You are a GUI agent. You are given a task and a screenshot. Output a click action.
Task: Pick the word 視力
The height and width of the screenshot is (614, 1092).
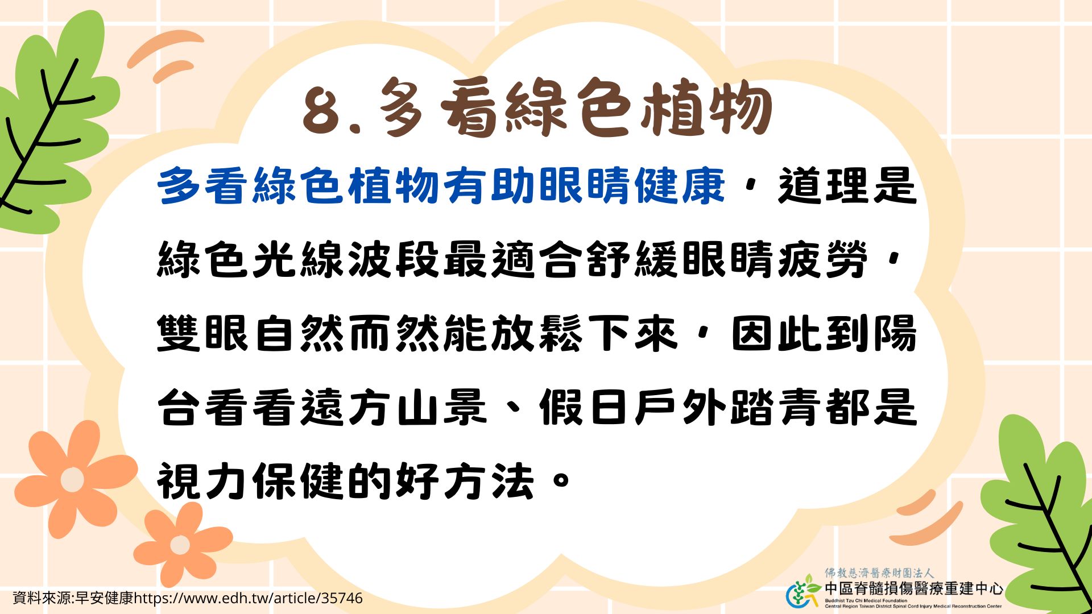pos(204,481)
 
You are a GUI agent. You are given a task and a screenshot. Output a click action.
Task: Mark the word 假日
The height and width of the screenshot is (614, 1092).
pos(585,406)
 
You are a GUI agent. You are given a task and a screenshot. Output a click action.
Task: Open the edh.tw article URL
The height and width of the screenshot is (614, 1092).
pos(248,598)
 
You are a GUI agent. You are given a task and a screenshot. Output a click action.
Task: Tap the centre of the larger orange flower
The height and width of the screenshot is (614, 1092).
pos(72,479)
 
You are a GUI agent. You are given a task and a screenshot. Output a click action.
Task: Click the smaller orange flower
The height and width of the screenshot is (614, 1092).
pos(180,544)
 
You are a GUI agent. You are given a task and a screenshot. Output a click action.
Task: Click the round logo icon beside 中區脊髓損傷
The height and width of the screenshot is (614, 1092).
pos(803,591)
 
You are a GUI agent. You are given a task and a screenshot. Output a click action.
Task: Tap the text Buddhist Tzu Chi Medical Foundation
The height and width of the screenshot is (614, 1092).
pos(866,600)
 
